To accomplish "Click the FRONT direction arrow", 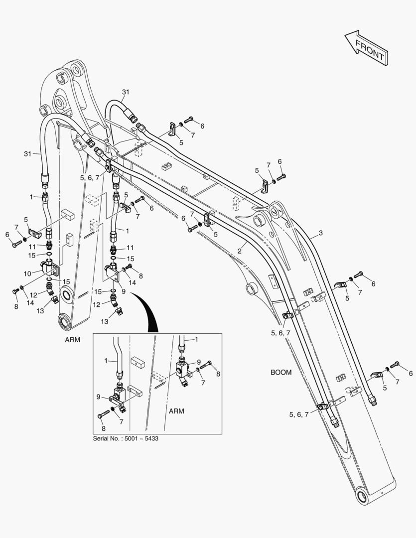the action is pos(367,48).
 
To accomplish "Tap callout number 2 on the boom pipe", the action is pos(240,251).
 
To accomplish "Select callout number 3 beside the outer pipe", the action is pos(320,233).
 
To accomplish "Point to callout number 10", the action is pos(27,273).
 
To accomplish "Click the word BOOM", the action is pos(281,372).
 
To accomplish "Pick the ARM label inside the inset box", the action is pos(176,411).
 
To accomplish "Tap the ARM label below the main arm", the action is pos(72,340).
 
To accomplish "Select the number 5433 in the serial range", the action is pos(151,438).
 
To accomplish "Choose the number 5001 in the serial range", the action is pos(132,438).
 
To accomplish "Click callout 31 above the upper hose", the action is pos(126,92).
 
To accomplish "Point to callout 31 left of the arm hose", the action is pos(27,154).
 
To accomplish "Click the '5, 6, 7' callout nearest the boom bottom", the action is pos(298,414).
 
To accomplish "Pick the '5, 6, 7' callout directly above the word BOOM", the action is pos(280,333).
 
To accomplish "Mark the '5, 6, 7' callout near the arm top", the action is pos(90,178).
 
